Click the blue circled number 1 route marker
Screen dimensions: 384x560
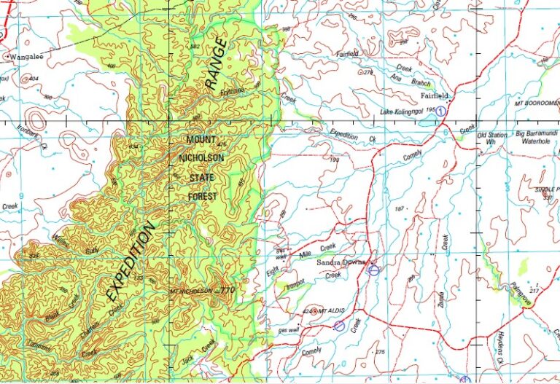441,110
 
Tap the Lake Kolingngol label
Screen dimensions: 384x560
402,111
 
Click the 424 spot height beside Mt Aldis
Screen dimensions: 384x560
307,311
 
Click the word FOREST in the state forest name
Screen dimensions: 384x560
203,197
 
